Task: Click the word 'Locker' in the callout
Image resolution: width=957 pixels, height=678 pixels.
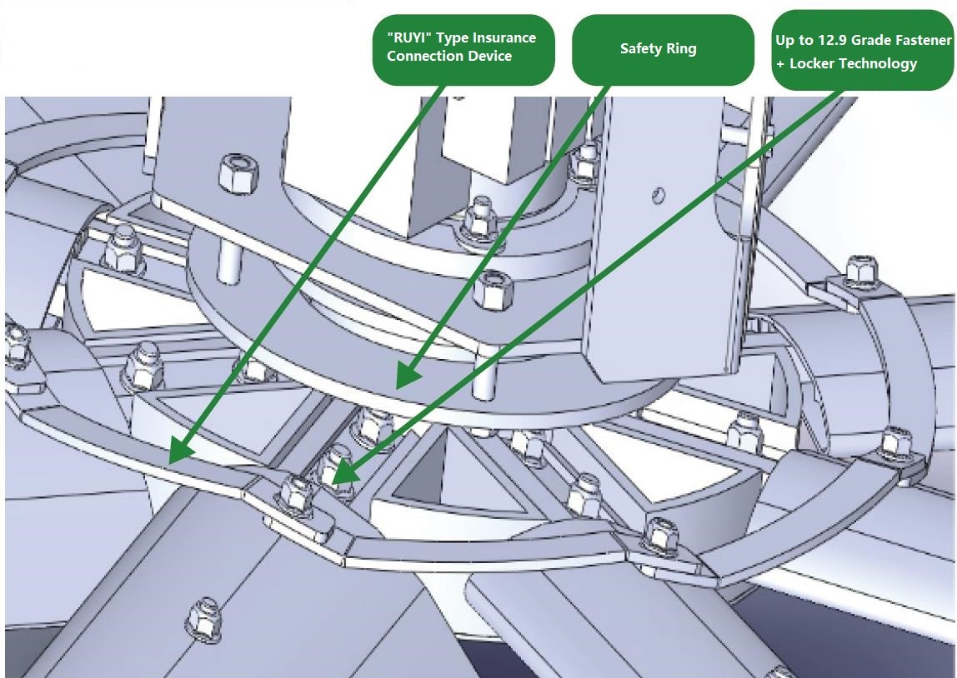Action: tap(816, 63)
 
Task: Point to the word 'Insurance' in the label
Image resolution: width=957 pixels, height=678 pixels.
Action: tap(504, 37)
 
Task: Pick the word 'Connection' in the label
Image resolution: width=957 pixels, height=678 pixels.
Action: tap(424, 56)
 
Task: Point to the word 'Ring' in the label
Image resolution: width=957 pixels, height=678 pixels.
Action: tap(681, 48)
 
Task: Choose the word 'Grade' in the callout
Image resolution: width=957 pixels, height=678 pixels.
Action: tap(871, 40)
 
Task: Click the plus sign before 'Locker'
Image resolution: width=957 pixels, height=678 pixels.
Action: tap(780, 64)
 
